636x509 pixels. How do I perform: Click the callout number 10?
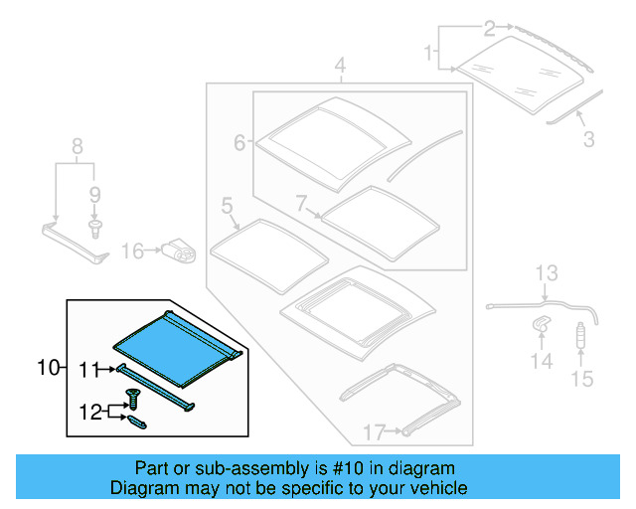pos(49,368)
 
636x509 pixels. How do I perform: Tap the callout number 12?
pos(90,409)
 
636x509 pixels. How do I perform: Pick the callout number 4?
pos(340,68)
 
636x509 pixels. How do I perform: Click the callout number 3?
pos(588,140)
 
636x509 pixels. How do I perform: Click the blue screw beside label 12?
pos(133,401)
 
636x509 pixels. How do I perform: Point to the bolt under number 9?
pos(95,230)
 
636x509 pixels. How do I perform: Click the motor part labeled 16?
pos(179,252)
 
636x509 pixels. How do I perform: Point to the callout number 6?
pos(239,143)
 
